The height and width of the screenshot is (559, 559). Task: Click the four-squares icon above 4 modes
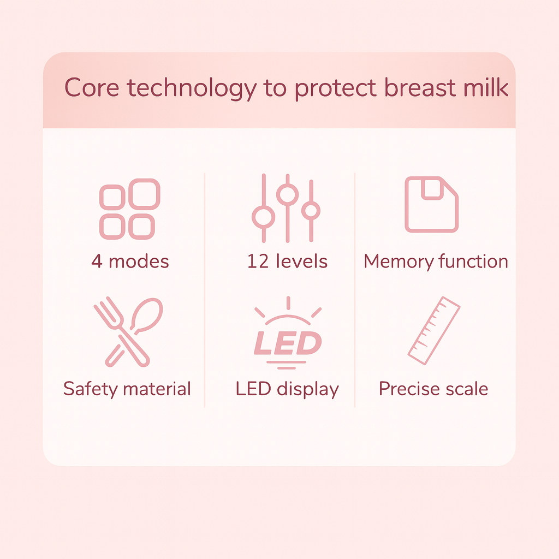pos(130,209)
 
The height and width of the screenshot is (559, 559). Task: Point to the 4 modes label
pos(130,261)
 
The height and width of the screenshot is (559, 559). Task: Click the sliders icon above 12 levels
pos(287,209)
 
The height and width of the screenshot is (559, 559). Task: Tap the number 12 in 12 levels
pos(257,261)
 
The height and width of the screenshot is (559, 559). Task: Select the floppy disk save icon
pos(431,204)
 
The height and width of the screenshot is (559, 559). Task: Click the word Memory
pos(399,261)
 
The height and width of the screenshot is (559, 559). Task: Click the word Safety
pos(91,389)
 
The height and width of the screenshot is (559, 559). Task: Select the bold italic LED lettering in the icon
pos(287,343)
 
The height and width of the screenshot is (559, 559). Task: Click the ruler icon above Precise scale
pos(434,330)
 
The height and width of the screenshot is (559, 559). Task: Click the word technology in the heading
pos(191,88)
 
